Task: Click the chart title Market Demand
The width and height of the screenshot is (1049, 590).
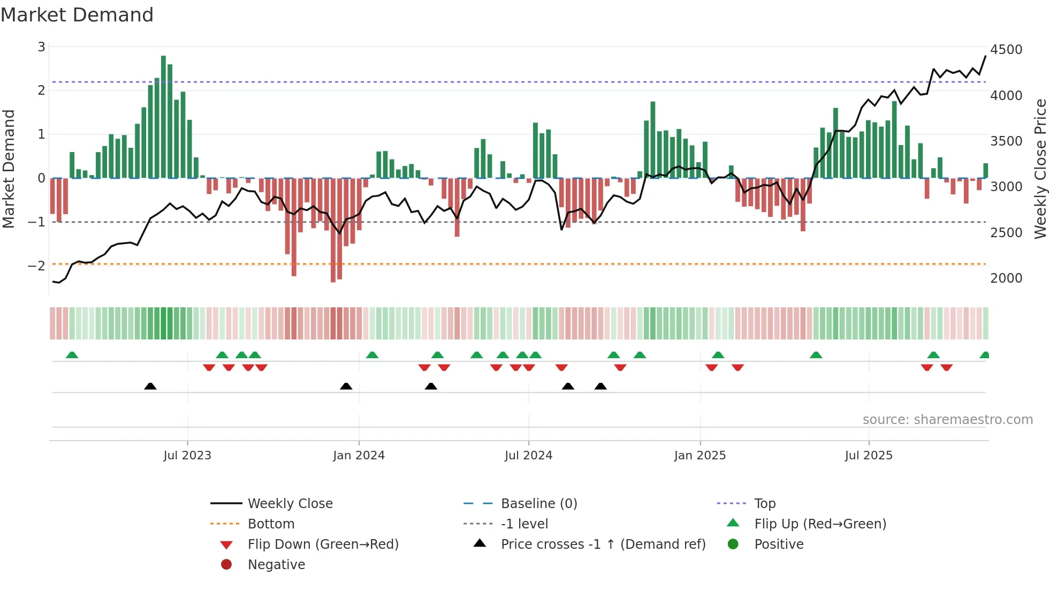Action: pos(77,15)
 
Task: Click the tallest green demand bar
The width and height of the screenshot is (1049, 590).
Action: pos(163,117)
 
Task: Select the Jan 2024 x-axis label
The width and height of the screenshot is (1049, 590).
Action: pos(359,456)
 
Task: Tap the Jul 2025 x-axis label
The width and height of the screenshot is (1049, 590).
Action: pos(869,456)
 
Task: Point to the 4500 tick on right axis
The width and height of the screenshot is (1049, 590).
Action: pos(1006,49)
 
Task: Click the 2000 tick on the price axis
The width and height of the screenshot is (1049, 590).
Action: pos(1006,278)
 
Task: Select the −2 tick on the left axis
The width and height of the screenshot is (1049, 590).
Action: pos(36,266)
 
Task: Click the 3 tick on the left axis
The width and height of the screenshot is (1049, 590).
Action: pos(41,47)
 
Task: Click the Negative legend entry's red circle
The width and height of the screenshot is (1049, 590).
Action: pos(226,564)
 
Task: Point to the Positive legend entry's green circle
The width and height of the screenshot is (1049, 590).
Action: pos(733,544)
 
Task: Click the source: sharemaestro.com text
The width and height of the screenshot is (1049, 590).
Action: pos(947,419)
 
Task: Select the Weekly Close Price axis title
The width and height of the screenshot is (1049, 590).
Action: pos(1040,169)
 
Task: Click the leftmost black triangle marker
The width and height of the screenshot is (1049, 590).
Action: pos(150,386)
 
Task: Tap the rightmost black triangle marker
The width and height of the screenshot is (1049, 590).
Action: pos(600,386)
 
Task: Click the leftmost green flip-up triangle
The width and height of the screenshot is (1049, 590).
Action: pos(72,355)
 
